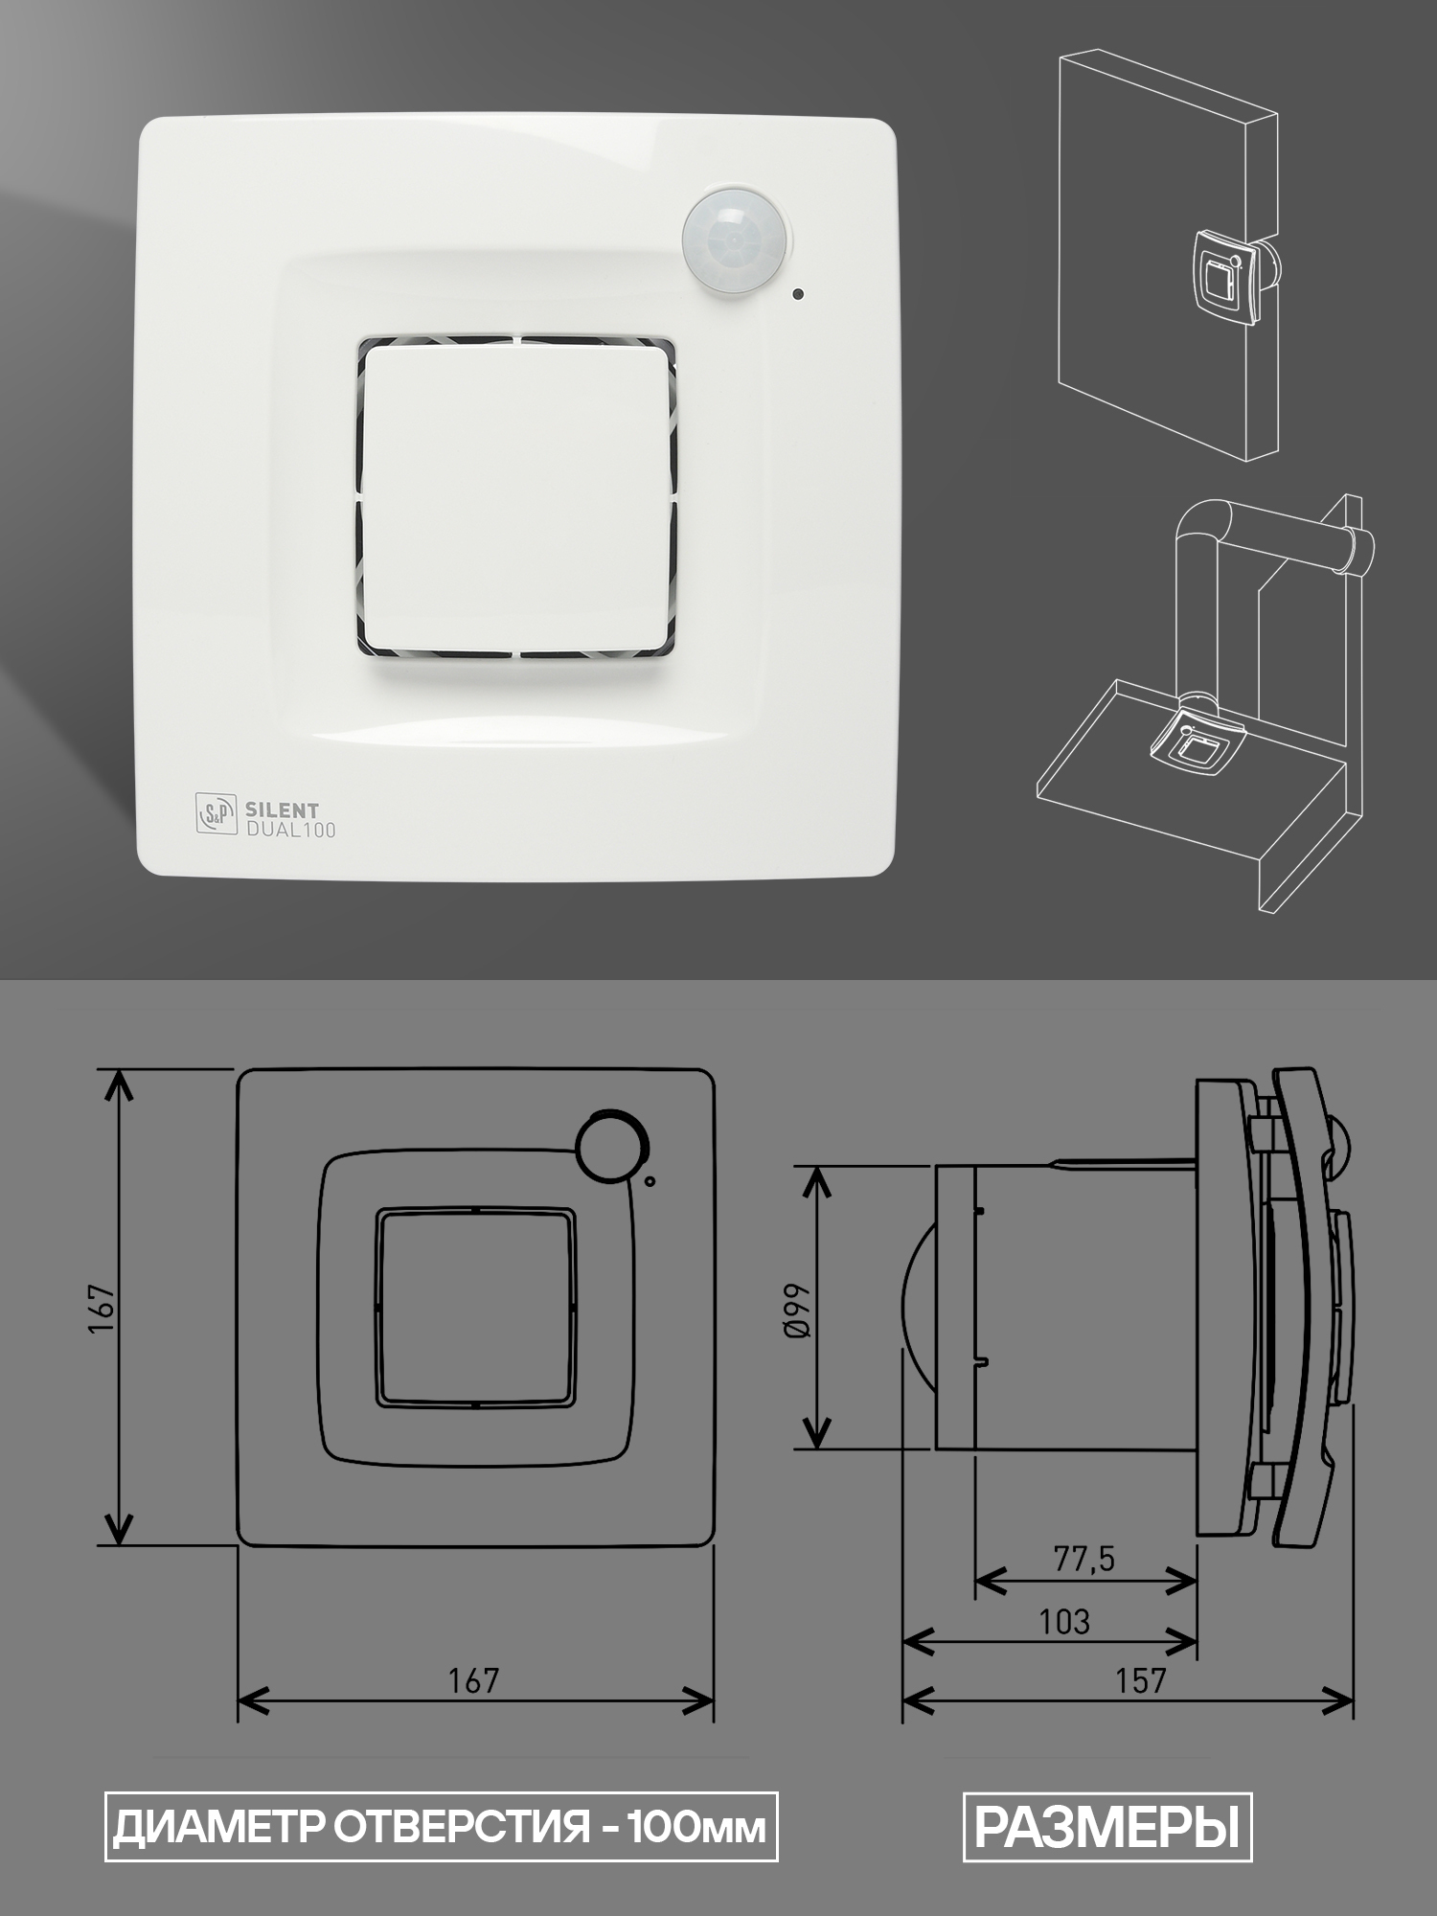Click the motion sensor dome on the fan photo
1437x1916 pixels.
[736, 243]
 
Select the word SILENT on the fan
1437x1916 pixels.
[283, 810]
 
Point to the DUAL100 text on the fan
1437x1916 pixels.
[291, 830]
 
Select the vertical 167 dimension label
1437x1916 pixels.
[102, 1307]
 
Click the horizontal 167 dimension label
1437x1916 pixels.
[474, 1680]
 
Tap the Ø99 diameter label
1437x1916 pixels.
[797, 1310]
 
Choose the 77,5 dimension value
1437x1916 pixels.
[1084, 1560]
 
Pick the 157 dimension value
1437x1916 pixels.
[1140, 1680]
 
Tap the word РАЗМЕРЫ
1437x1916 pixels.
[1107, 1827]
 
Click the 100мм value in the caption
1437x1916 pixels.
[696, 1828]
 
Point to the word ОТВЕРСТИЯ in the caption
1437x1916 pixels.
[462, 1828]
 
